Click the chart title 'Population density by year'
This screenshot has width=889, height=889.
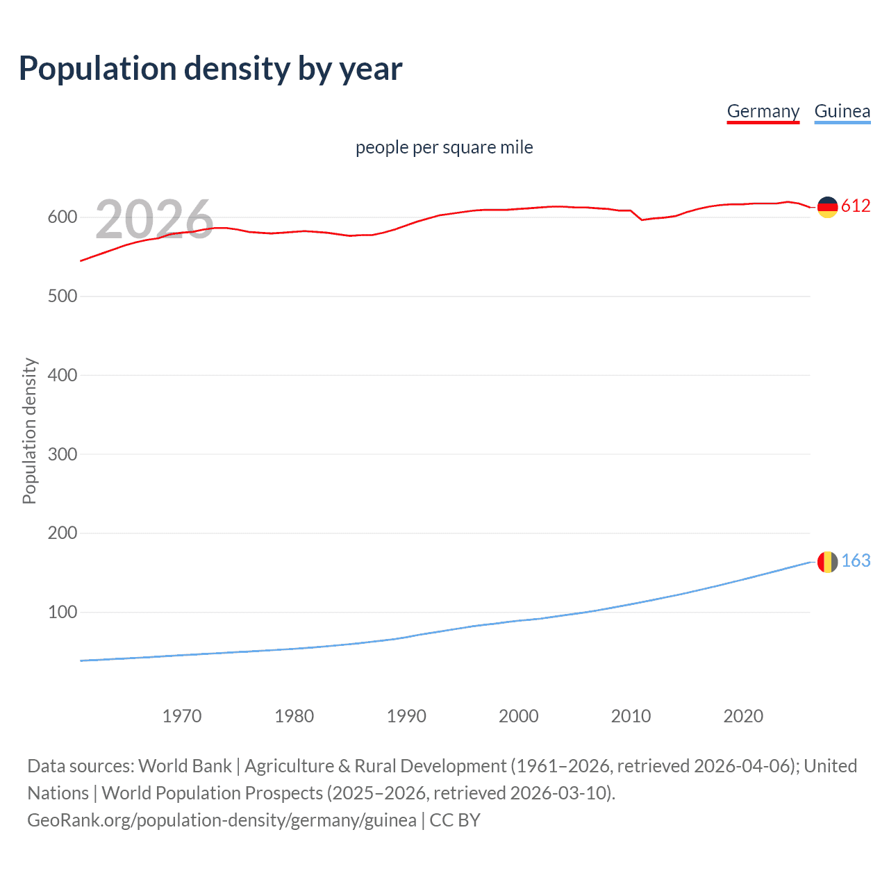pos(210,69)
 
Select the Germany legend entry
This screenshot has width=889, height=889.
pos(763,111)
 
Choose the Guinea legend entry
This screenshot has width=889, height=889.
pos(842,111)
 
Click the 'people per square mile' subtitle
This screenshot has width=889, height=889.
pos(444,147)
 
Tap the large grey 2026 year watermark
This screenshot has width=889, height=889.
pos(154,219)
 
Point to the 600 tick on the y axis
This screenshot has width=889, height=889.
pos(62,217)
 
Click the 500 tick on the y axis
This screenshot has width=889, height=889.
pos(62,296)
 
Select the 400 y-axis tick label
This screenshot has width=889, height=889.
pos(62,375)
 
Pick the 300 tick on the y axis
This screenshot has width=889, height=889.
pos(62,454)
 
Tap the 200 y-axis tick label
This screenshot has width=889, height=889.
pos(62,533)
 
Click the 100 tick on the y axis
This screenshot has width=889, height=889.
pos(62,612)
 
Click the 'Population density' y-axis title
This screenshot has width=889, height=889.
pos(29,431)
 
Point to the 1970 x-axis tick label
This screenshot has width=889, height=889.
pos(182,716)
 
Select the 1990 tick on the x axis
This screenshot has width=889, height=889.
pos(406,716)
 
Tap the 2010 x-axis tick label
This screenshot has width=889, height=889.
pos(631,716)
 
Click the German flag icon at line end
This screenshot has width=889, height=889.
pos(827,207)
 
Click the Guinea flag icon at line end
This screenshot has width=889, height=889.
pos(827,562)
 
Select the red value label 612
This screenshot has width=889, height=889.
pos(856,206)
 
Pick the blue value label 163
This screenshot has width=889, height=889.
pos(856,561)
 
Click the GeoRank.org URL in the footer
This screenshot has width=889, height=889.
pos(222,820)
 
